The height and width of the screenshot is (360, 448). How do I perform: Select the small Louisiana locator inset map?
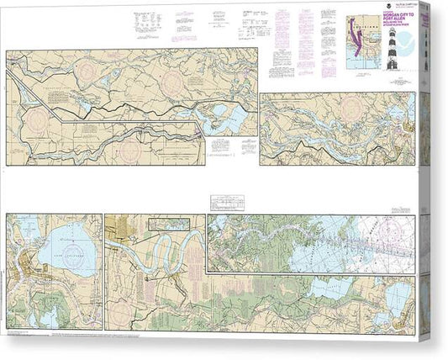(x=363, y=50)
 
